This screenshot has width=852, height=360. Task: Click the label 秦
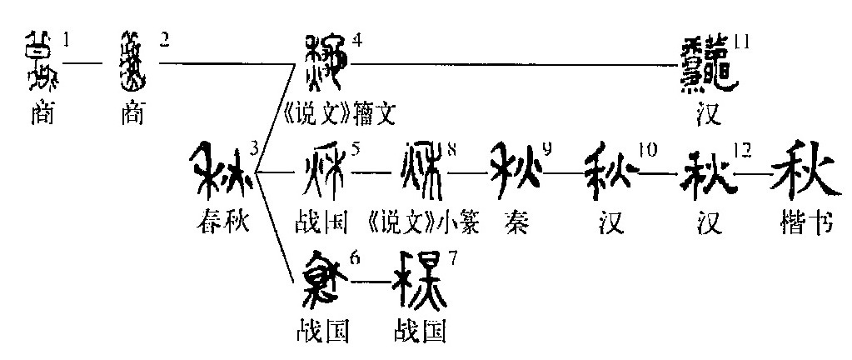click(516, 223)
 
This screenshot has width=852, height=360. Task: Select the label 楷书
click(803, 223)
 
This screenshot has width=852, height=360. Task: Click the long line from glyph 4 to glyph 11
click(516, 64)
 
